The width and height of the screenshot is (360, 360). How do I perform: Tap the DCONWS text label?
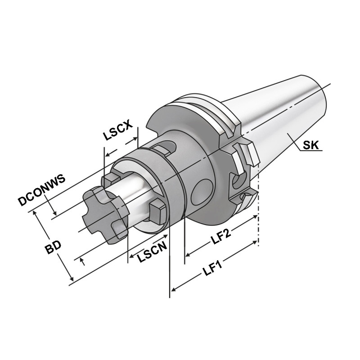42,190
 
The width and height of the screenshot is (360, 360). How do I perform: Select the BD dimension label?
53,249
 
